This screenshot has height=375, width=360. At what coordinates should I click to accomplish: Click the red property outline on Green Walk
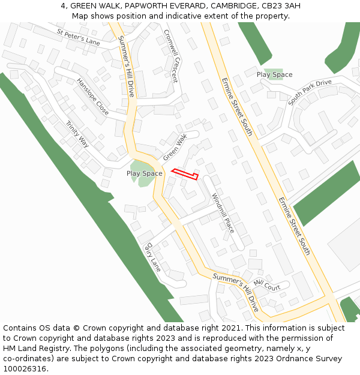(185, 174)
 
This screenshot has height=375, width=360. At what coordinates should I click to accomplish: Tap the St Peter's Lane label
(78, 37)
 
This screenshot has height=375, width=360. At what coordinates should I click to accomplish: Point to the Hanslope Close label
(93, 97)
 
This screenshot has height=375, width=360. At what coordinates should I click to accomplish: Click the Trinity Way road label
(77, 134)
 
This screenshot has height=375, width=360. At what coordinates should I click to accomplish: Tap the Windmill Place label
(223, 213)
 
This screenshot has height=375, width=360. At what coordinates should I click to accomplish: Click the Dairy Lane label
(153, 257)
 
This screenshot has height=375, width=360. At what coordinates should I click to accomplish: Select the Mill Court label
(267, 284)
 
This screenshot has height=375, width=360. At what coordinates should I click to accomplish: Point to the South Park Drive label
(310, 92)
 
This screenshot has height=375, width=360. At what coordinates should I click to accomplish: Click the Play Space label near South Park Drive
(274, 74)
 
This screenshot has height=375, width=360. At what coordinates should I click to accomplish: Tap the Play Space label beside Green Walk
(144, 173)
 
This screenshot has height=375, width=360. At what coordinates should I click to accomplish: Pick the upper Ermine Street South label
(238, 106)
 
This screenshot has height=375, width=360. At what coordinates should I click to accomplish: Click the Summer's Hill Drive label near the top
(127, 67)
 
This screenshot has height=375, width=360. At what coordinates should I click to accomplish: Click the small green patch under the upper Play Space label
(275, 74)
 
